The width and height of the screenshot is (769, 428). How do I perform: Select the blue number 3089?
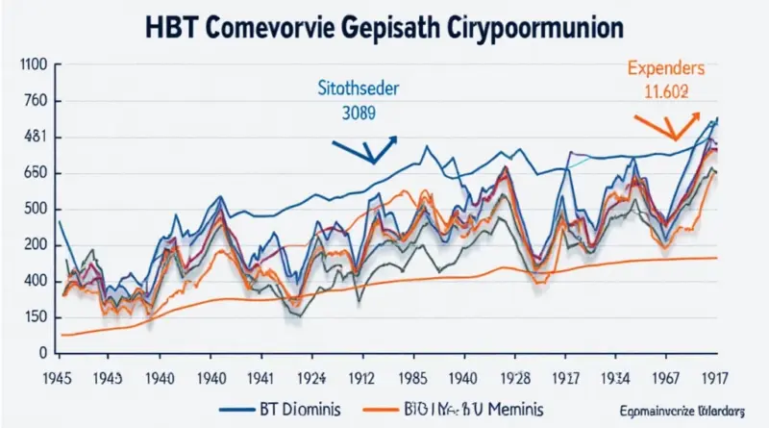358,112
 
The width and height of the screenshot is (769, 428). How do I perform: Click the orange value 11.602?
665,92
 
